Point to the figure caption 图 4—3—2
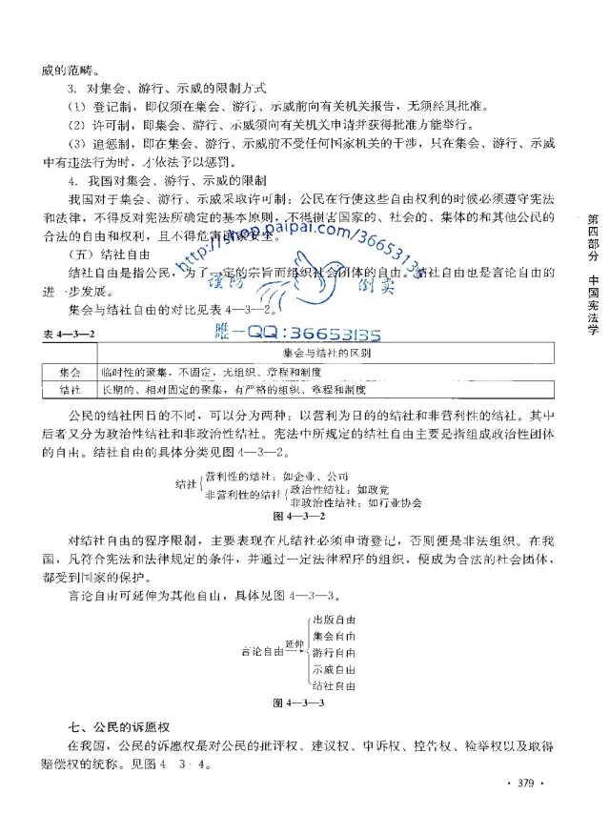pyautogui.click(x=299, y=516)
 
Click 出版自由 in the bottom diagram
pyautogui.click(x=334, y=620)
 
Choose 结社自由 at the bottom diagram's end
pyautogui.click(x=334, y=685)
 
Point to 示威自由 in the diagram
pyautogui.click(x=334, y=669)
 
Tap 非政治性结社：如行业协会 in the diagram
pyautogui.click(x=356, y=502)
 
